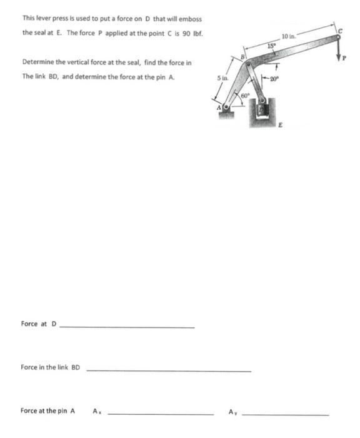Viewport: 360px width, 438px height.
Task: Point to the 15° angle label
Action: point(271,46)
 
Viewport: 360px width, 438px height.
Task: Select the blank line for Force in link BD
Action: point(168,370)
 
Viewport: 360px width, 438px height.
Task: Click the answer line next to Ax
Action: point(161,414)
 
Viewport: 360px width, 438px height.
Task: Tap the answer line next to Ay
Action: point(285,414)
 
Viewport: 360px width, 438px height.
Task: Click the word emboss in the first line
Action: point(189,18)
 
